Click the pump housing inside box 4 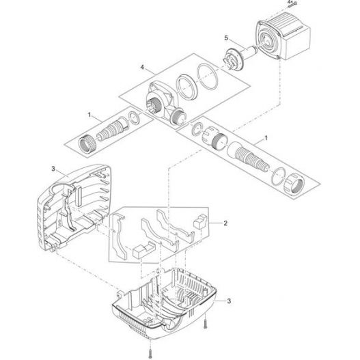[x=163, y=102]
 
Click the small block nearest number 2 [x=201, y=222]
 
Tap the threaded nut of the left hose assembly [x=88, y=143]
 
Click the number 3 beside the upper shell [x=53, y=168]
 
